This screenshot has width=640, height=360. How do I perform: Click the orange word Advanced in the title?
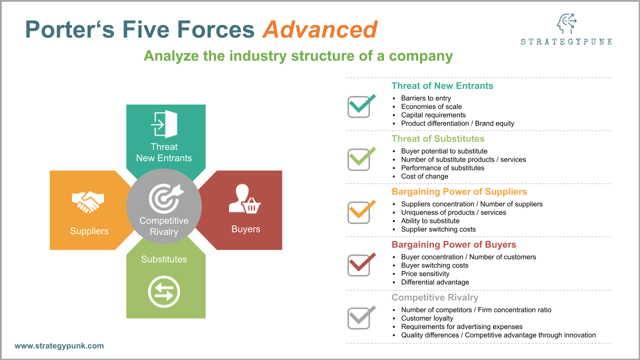tap(320, 29)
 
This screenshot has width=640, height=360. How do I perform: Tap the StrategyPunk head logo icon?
tap(566, 24)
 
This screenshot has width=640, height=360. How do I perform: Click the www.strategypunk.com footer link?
tap(59, 345)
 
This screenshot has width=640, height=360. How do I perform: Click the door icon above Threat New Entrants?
tap(164, 124)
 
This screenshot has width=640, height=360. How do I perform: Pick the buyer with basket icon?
tap(245, 199)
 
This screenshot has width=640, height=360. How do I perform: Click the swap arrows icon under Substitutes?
tap(164, 291)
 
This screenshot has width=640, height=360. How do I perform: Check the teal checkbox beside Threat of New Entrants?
tap(360, 106)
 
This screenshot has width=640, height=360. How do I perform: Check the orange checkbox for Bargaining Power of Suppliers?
tap(360, 212)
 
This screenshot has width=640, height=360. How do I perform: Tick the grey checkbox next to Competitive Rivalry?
tap(360, 318)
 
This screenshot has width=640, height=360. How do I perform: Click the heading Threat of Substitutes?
tap(437, 138)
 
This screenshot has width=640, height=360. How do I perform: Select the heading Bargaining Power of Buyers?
tap(453, 244)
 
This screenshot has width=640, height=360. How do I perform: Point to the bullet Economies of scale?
tap(431, 106)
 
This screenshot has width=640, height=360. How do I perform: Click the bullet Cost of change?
tap(424, 176)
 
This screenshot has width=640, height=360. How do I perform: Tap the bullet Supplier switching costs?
tap(438, 229)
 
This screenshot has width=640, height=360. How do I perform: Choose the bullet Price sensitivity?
tap(425, 273)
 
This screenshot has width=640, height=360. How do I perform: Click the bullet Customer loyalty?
tap(427, 318)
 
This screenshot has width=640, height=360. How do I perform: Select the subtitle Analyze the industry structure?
tap(298, 55)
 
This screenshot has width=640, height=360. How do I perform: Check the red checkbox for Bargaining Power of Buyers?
tap(360, 265)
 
